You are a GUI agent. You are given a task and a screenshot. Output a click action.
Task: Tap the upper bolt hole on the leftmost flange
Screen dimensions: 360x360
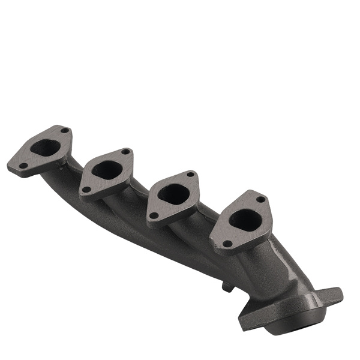point(64,131)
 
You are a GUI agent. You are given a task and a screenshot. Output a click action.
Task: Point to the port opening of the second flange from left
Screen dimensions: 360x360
point(106,170)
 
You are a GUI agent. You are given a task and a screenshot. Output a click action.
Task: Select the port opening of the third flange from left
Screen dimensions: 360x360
point(174,193)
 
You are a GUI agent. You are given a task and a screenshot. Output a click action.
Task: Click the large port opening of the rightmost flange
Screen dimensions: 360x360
point(244,220)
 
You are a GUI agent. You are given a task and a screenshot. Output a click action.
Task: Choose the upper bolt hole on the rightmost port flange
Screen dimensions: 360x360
point(260,199)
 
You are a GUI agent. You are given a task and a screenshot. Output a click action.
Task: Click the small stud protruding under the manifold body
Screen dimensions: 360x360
point(227,287)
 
